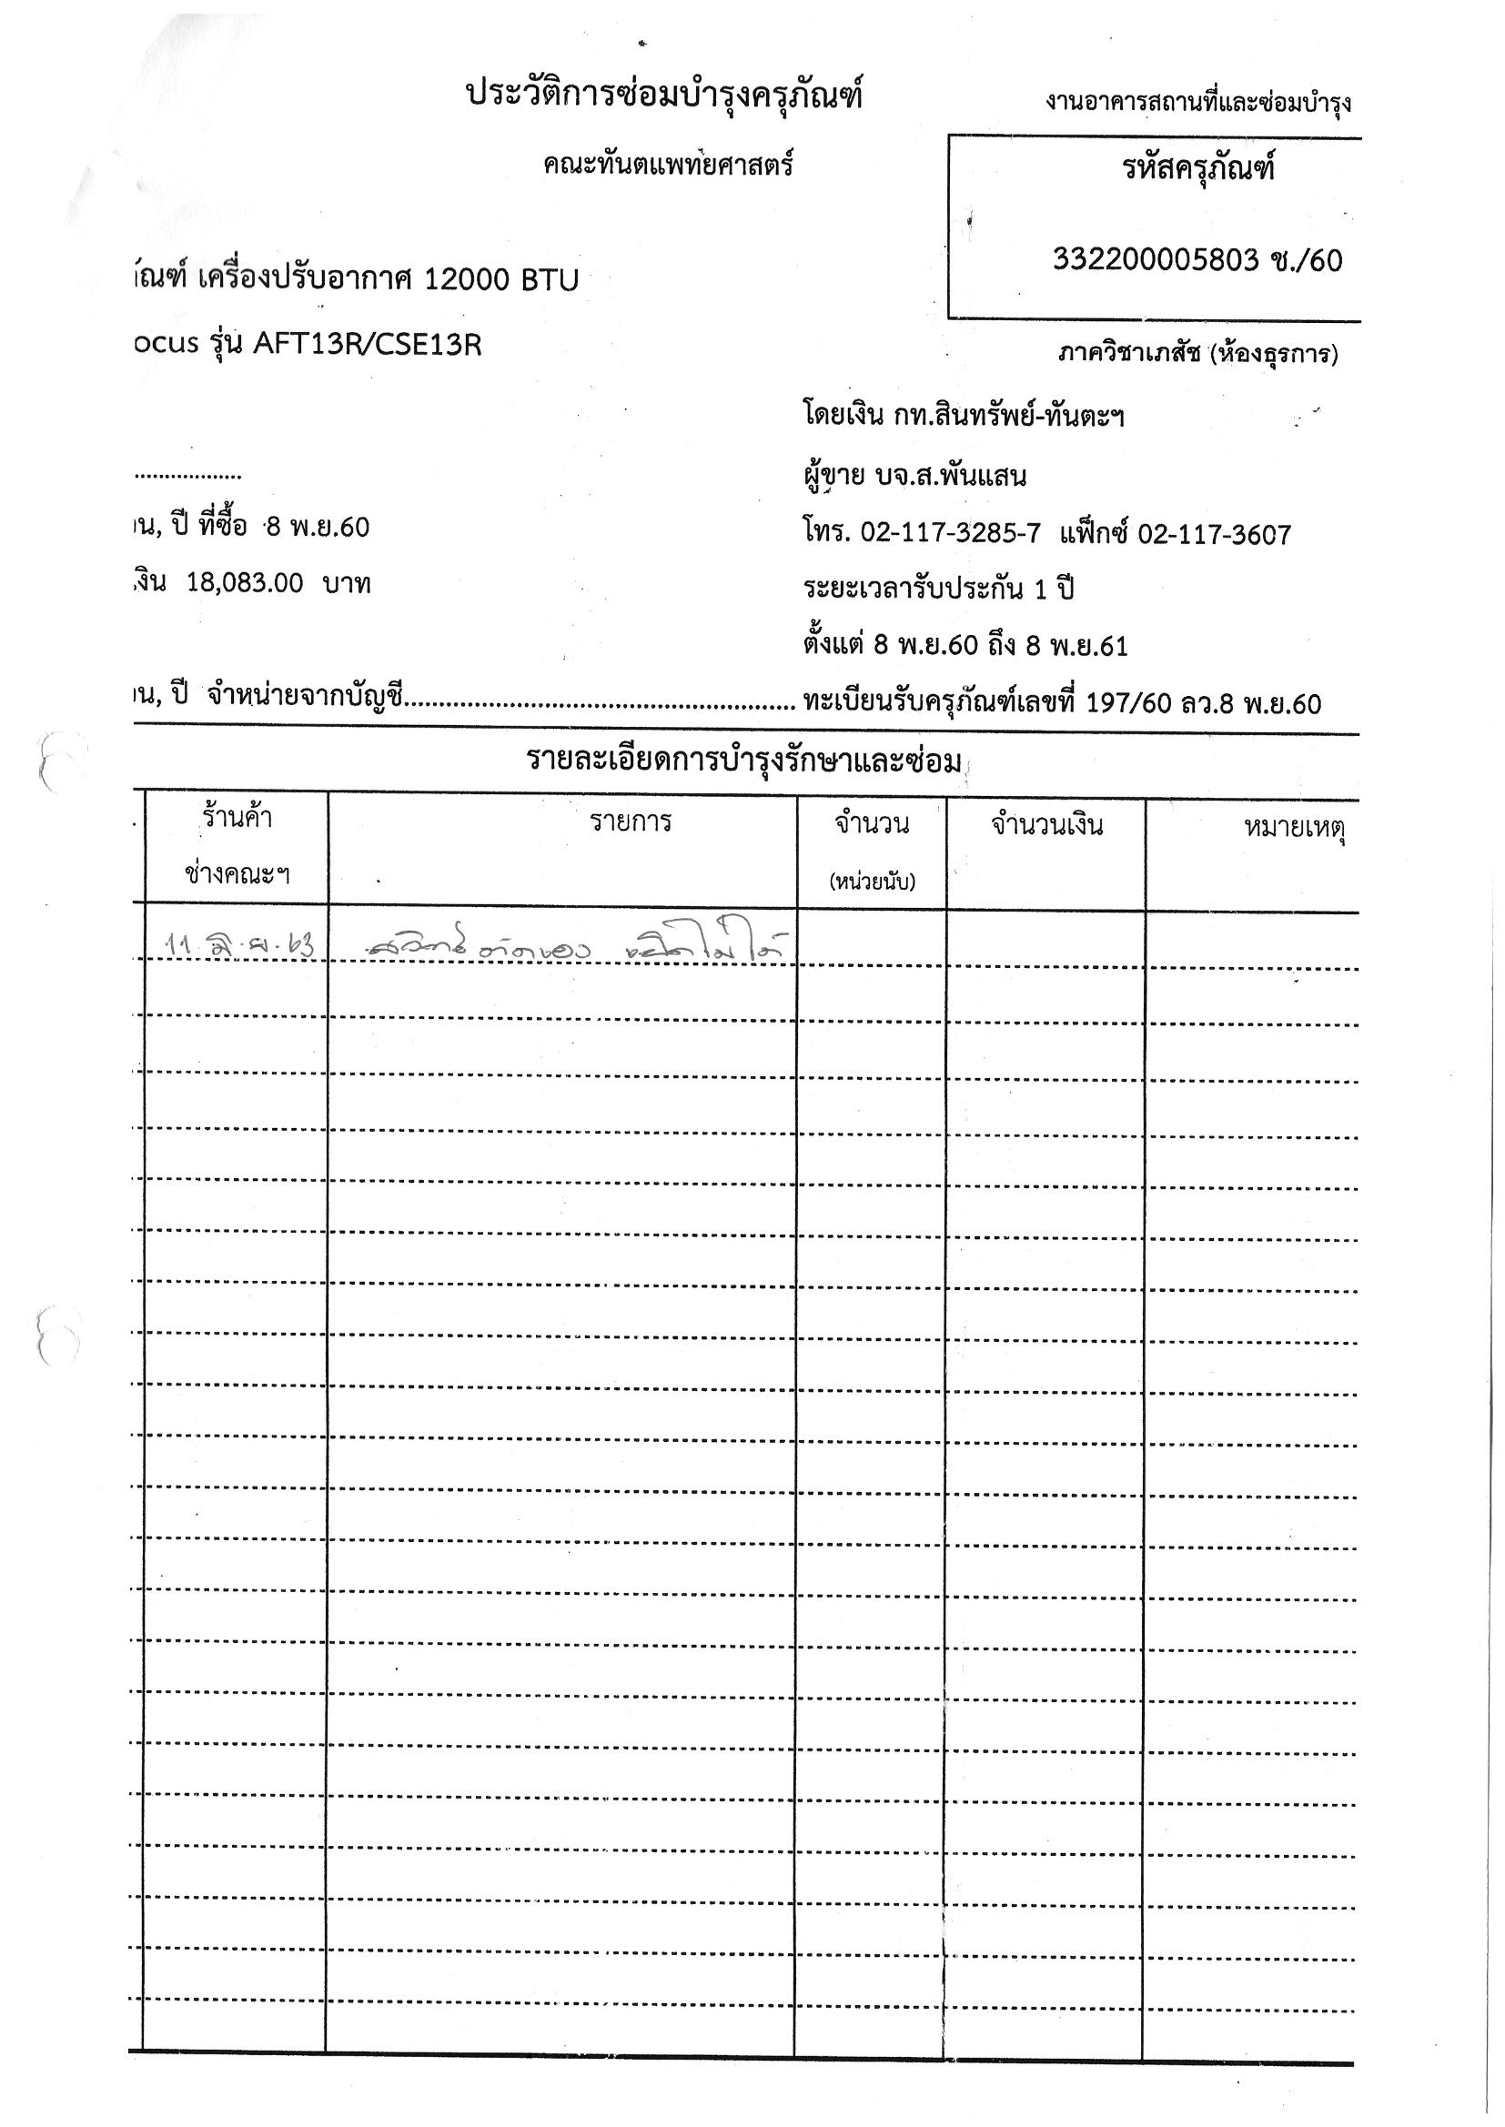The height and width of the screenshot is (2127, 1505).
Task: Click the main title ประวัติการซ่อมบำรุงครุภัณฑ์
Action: click(x=663, y=96)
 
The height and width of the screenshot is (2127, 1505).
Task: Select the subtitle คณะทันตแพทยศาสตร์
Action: click(x=668, y=166)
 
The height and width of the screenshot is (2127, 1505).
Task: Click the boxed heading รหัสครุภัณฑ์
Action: click(x=1198, y=168)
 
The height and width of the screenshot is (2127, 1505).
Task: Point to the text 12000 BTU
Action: click(x=500, y=279)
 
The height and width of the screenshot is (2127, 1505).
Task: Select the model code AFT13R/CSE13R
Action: click(x=367, y=345)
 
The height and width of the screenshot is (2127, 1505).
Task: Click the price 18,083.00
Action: click(x=245, y=583)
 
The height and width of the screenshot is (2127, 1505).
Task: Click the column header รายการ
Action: click(x=631, y=822)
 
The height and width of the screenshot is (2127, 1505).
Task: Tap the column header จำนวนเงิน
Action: click(x=1046, y=824)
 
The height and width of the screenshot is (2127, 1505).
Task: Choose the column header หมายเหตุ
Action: click(x=1294, y=826)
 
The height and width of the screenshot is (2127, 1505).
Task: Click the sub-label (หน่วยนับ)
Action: click(x=871, y=881)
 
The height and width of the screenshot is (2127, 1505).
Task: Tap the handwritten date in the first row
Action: click(x=238, y=946)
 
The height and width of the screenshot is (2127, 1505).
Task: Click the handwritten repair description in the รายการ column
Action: click(x=574, y=946)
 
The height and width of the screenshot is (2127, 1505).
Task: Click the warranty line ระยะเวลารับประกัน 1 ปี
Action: click(x=938, y=590)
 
